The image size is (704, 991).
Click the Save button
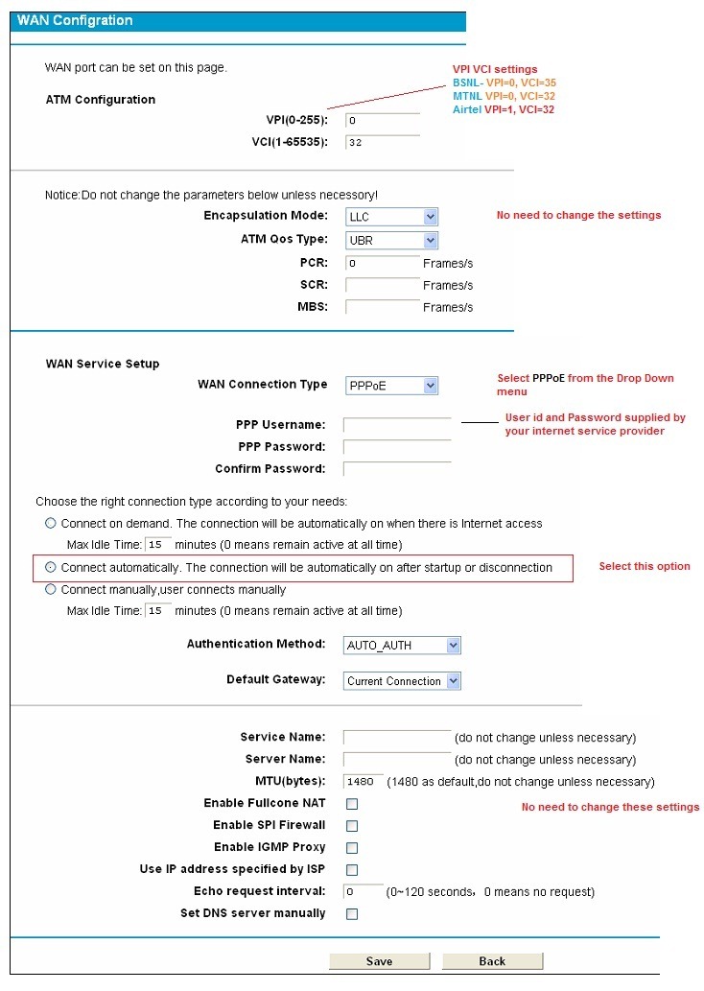379,960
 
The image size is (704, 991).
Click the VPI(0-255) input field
382,121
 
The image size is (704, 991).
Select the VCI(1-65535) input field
382,143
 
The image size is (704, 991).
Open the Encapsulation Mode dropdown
391,217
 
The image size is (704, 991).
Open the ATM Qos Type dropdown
391,240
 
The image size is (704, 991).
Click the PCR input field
382,263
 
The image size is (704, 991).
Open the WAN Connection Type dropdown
391,386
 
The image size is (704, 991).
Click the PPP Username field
396,425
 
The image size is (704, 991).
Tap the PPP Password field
396,447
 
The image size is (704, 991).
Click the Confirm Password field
396,469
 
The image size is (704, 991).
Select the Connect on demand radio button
51,523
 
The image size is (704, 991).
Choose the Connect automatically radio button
51,567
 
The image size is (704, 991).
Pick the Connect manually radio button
51,589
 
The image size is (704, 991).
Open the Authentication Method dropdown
402,645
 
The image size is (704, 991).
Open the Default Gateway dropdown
402,681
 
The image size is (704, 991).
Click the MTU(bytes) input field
364,782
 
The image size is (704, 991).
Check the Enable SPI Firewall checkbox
352,826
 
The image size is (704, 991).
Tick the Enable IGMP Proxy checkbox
352,848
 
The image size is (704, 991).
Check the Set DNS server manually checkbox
352,914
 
